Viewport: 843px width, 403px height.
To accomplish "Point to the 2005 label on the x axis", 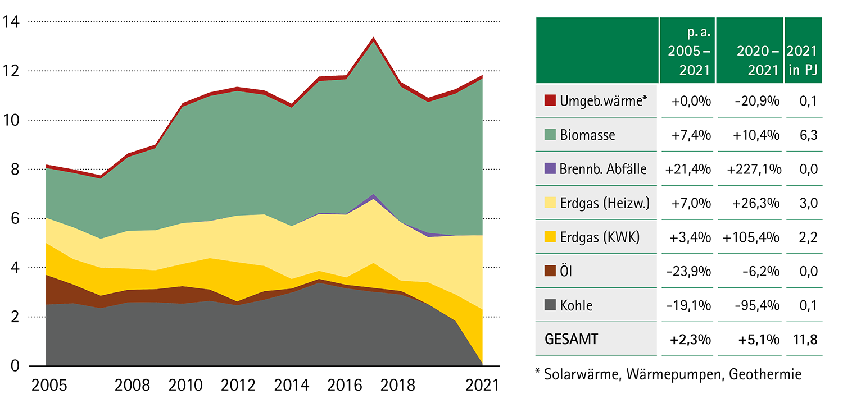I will click(x=49, y=386).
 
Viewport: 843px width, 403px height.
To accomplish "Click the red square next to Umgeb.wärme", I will click(x=550, y=101).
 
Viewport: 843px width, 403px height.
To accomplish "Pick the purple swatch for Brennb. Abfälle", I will click(x=550, y=168).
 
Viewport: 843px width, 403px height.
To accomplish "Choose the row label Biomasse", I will click(x=587, y=135).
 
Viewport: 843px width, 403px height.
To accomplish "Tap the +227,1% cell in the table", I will click(x=750, y=169).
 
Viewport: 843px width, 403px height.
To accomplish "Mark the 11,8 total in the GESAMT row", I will click(x=805, y=340).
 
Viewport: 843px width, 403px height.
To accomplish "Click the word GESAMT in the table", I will click(x=571, y=340).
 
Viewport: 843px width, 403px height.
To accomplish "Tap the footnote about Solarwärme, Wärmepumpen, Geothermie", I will click(x=668, y=374).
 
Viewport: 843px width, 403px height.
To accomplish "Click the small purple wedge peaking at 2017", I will click(x=373, y=196).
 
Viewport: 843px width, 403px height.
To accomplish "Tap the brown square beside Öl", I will click(x=550, y=271).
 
